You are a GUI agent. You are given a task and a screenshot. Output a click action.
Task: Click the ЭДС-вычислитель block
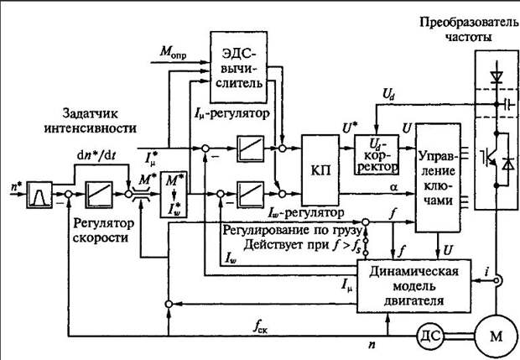coord(239,67)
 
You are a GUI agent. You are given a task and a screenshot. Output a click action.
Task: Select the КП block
coord(320,170)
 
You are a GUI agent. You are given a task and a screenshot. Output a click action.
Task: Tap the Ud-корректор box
coord(377,154)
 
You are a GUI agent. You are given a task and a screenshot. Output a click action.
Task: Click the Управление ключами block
coord(438,178)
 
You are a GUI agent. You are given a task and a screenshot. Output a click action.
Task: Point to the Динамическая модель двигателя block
coord(413,286)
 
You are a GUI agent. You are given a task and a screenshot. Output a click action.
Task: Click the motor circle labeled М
coord(497,337)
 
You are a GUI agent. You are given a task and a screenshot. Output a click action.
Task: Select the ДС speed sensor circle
coord(430,337)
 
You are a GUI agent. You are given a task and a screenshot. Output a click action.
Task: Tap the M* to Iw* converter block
coord(174,195)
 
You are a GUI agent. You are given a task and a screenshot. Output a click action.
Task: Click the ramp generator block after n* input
coord(39,195)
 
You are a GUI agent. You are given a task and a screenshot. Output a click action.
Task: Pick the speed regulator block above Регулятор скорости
coord(99,195)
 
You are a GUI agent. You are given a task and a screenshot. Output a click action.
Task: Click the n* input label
coord(15,186)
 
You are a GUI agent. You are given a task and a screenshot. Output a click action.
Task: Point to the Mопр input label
coord(173,52)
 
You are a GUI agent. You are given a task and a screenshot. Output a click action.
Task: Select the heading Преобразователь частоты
coord(469,29)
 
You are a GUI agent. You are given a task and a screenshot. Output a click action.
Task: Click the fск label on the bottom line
coord(262,327)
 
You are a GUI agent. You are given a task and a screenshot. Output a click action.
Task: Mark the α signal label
coord(394,187)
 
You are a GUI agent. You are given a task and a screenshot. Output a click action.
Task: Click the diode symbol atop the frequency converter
coord(497,77)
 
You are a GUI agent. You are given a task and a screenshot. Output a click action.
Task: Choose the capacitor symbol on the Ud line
coord(507,104)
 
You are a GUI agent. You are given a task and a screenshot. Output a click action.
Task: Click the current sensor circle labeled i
coord(497,280)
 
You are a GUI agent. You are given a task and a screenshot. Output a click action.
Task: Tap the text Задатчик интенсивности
coord(91,121)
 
